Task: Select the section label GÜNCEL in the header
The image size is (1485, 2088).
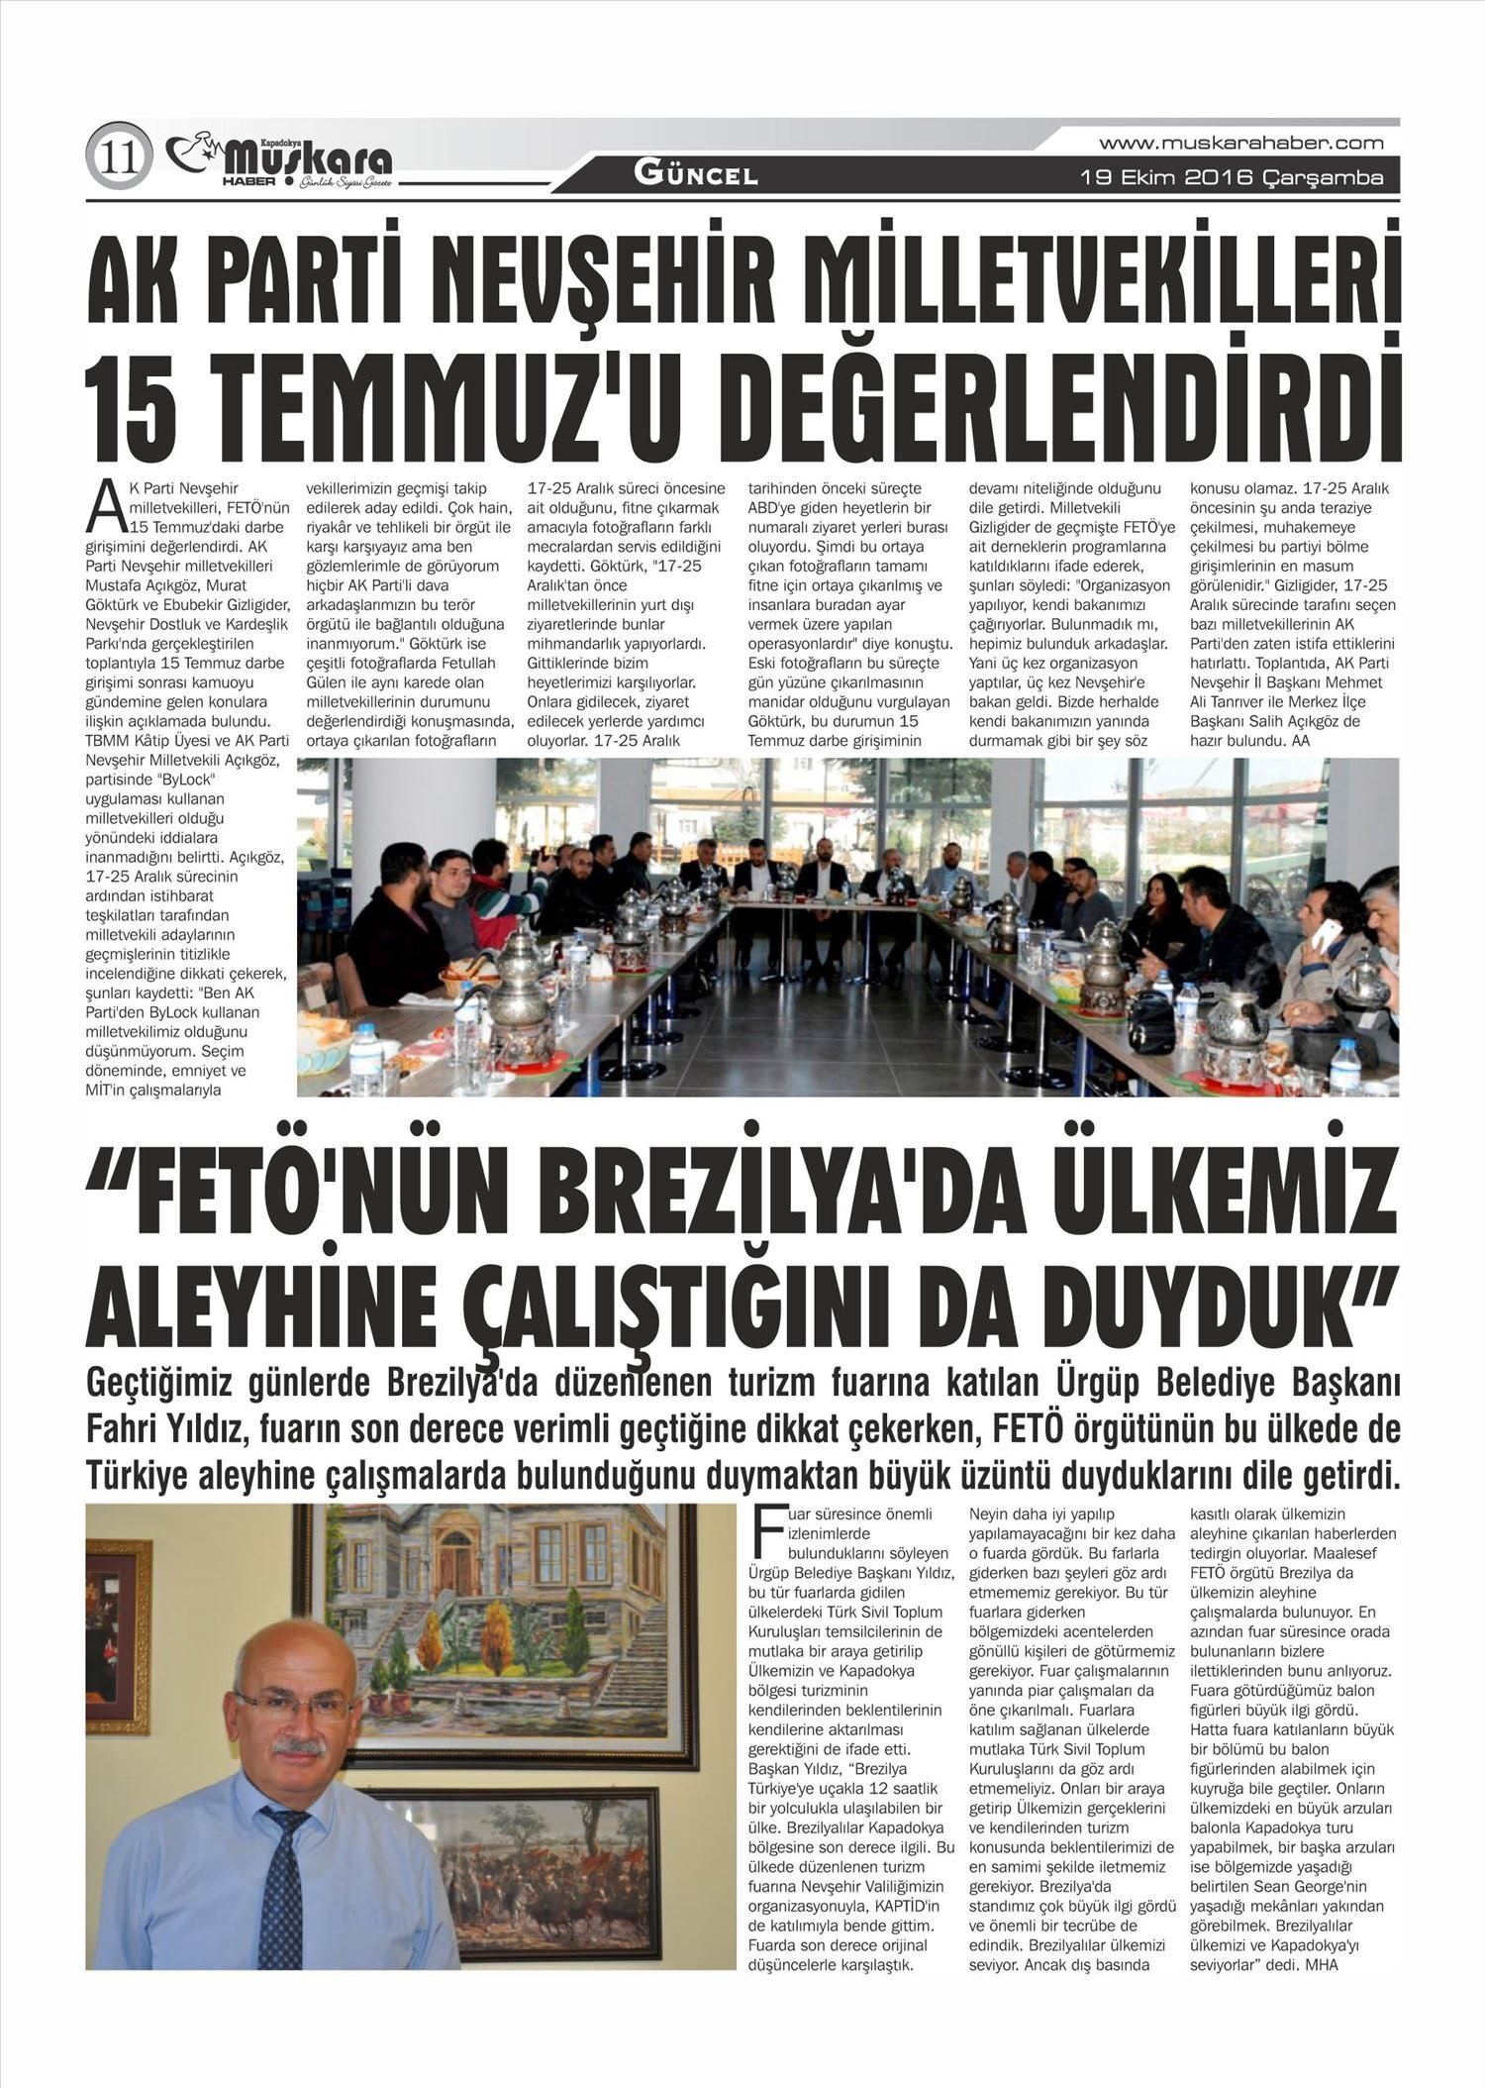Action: pos(696,175)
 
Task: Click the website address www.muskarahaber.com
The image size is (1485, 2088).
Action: pos(1241,143)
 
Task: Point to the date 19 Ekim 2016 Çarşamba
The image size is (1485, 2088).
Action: pos(1232,178)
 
